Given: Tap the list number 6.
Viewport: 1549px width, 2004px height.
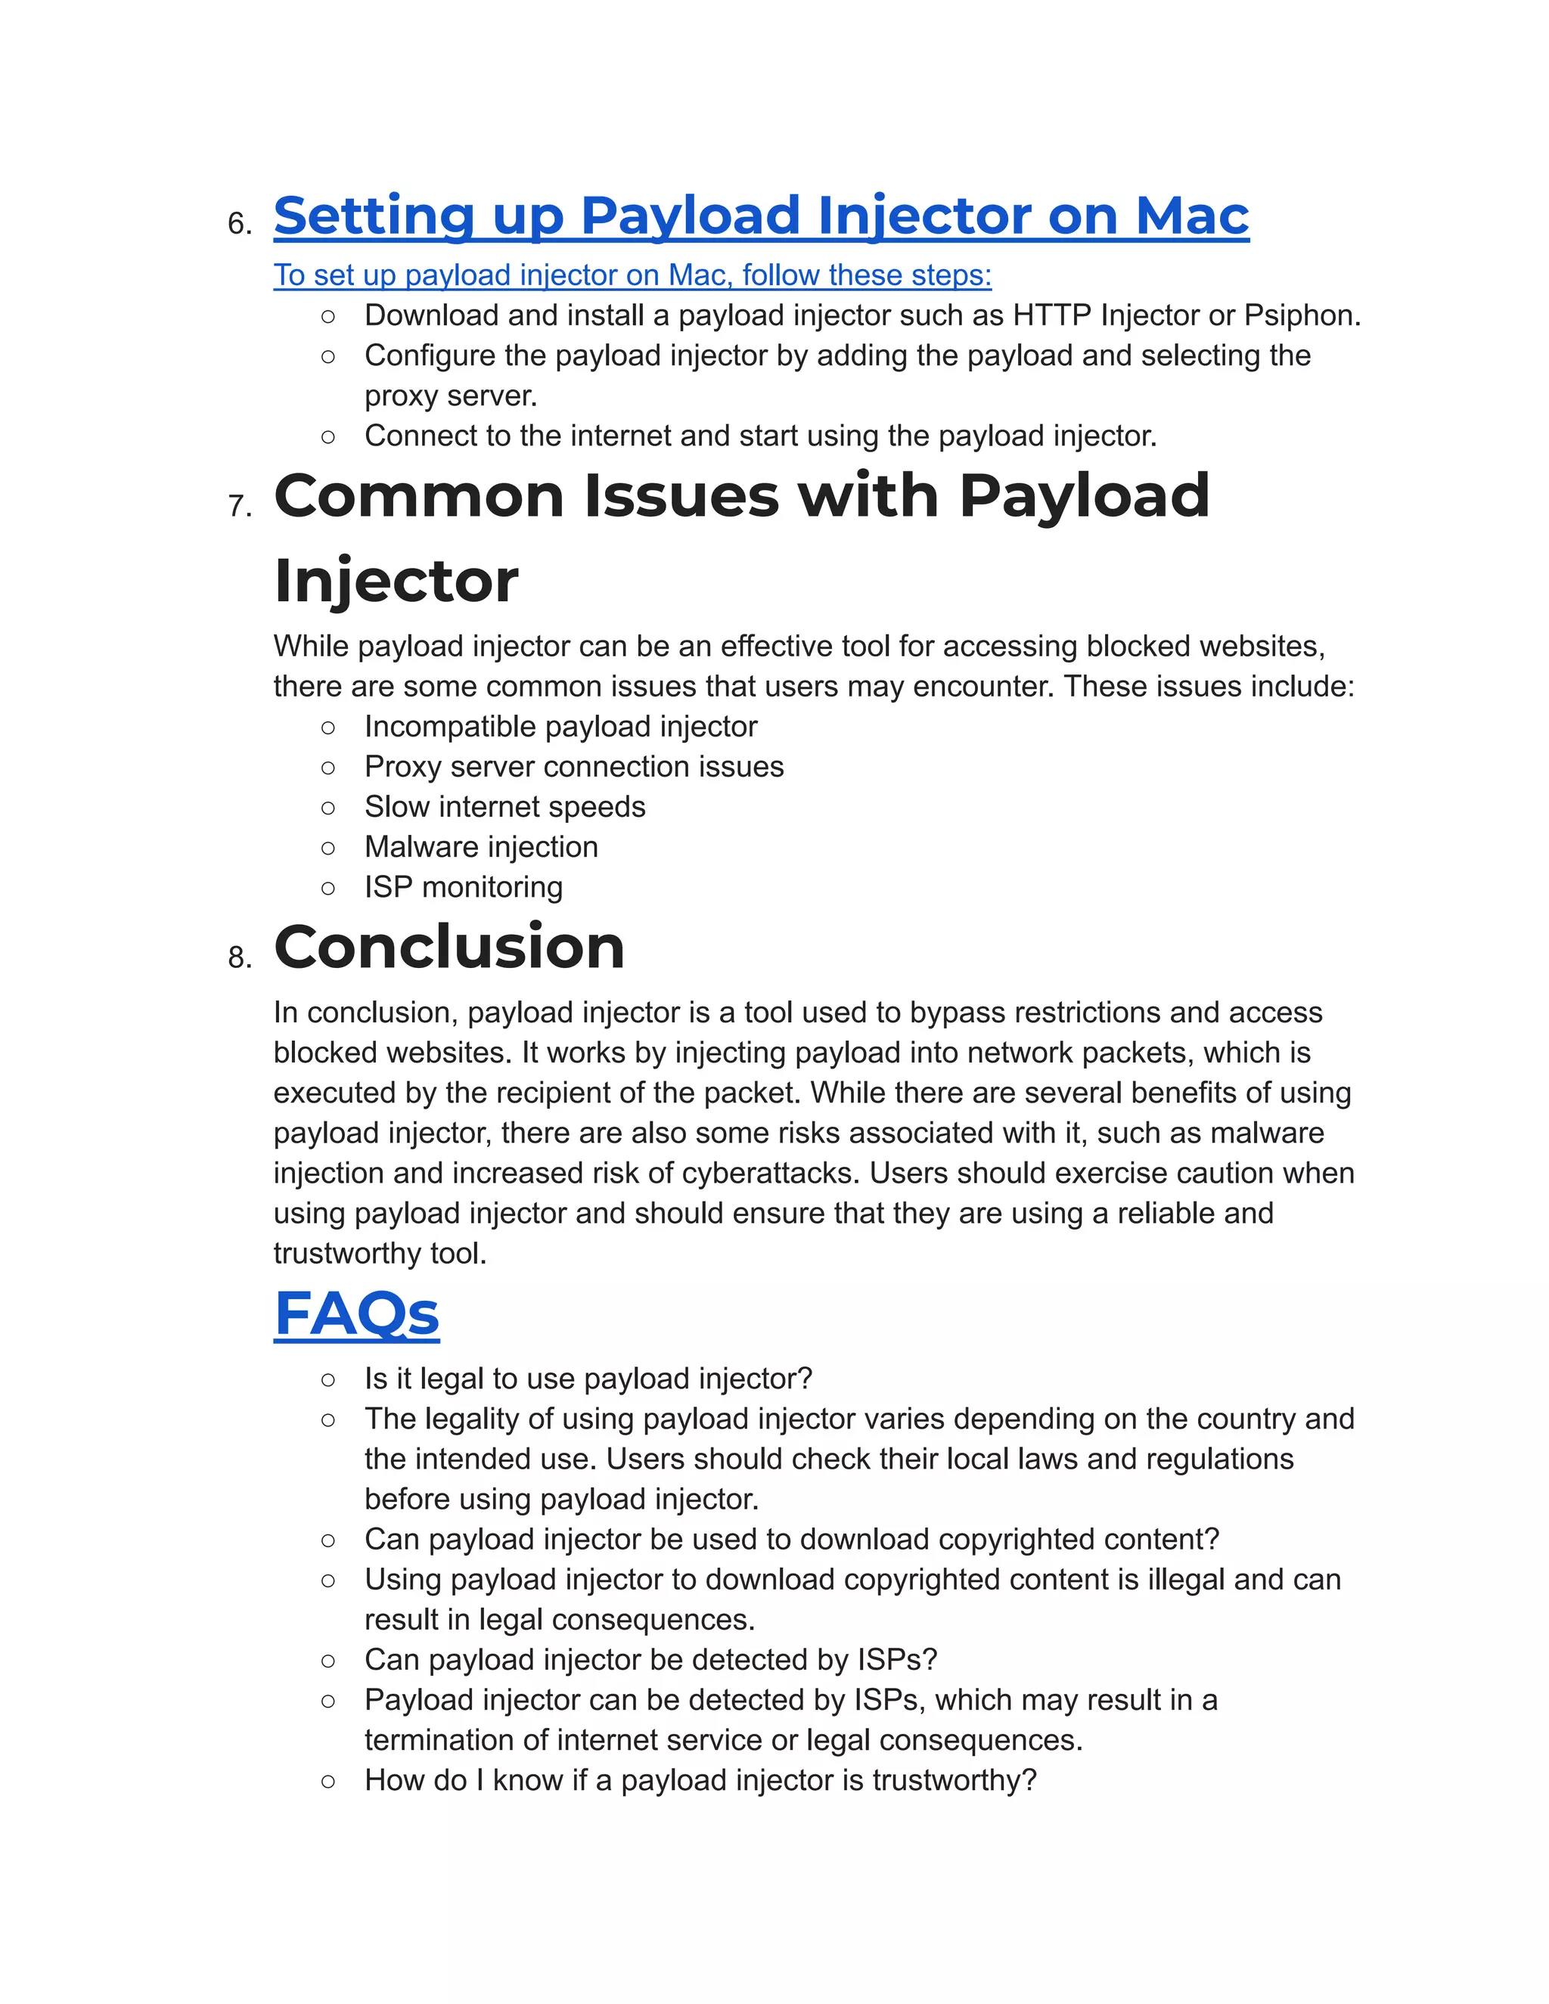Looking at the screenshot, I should [240, 224].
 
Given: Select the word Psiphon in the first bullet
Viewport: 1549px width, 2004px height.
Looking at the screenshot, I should [1300, 315].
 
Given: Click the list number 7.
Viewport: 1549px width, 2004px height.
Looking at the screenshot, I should [240, 507].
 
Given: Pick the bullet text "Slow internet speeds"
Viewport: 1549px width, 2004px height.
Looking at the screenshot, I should [504, 807].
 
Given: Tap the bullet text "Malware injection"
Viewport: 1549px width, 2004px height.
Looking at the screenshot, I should [481, 847].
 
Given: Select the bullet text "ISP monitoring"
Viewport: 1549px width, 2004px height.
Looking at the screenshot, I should [464, 887].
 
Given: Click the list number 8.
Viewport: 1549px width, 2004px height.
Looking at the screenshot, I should [240, 958].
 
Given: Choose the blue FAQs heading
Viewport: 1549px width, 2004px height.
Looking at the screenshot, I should [356, 1314].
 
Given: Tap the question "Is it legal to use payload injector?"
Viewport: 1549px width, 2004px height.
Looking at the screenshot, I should [588, 1379].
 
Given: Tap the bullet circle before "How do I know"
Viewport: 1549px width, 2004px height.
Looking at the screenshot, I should [328, 1781].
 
